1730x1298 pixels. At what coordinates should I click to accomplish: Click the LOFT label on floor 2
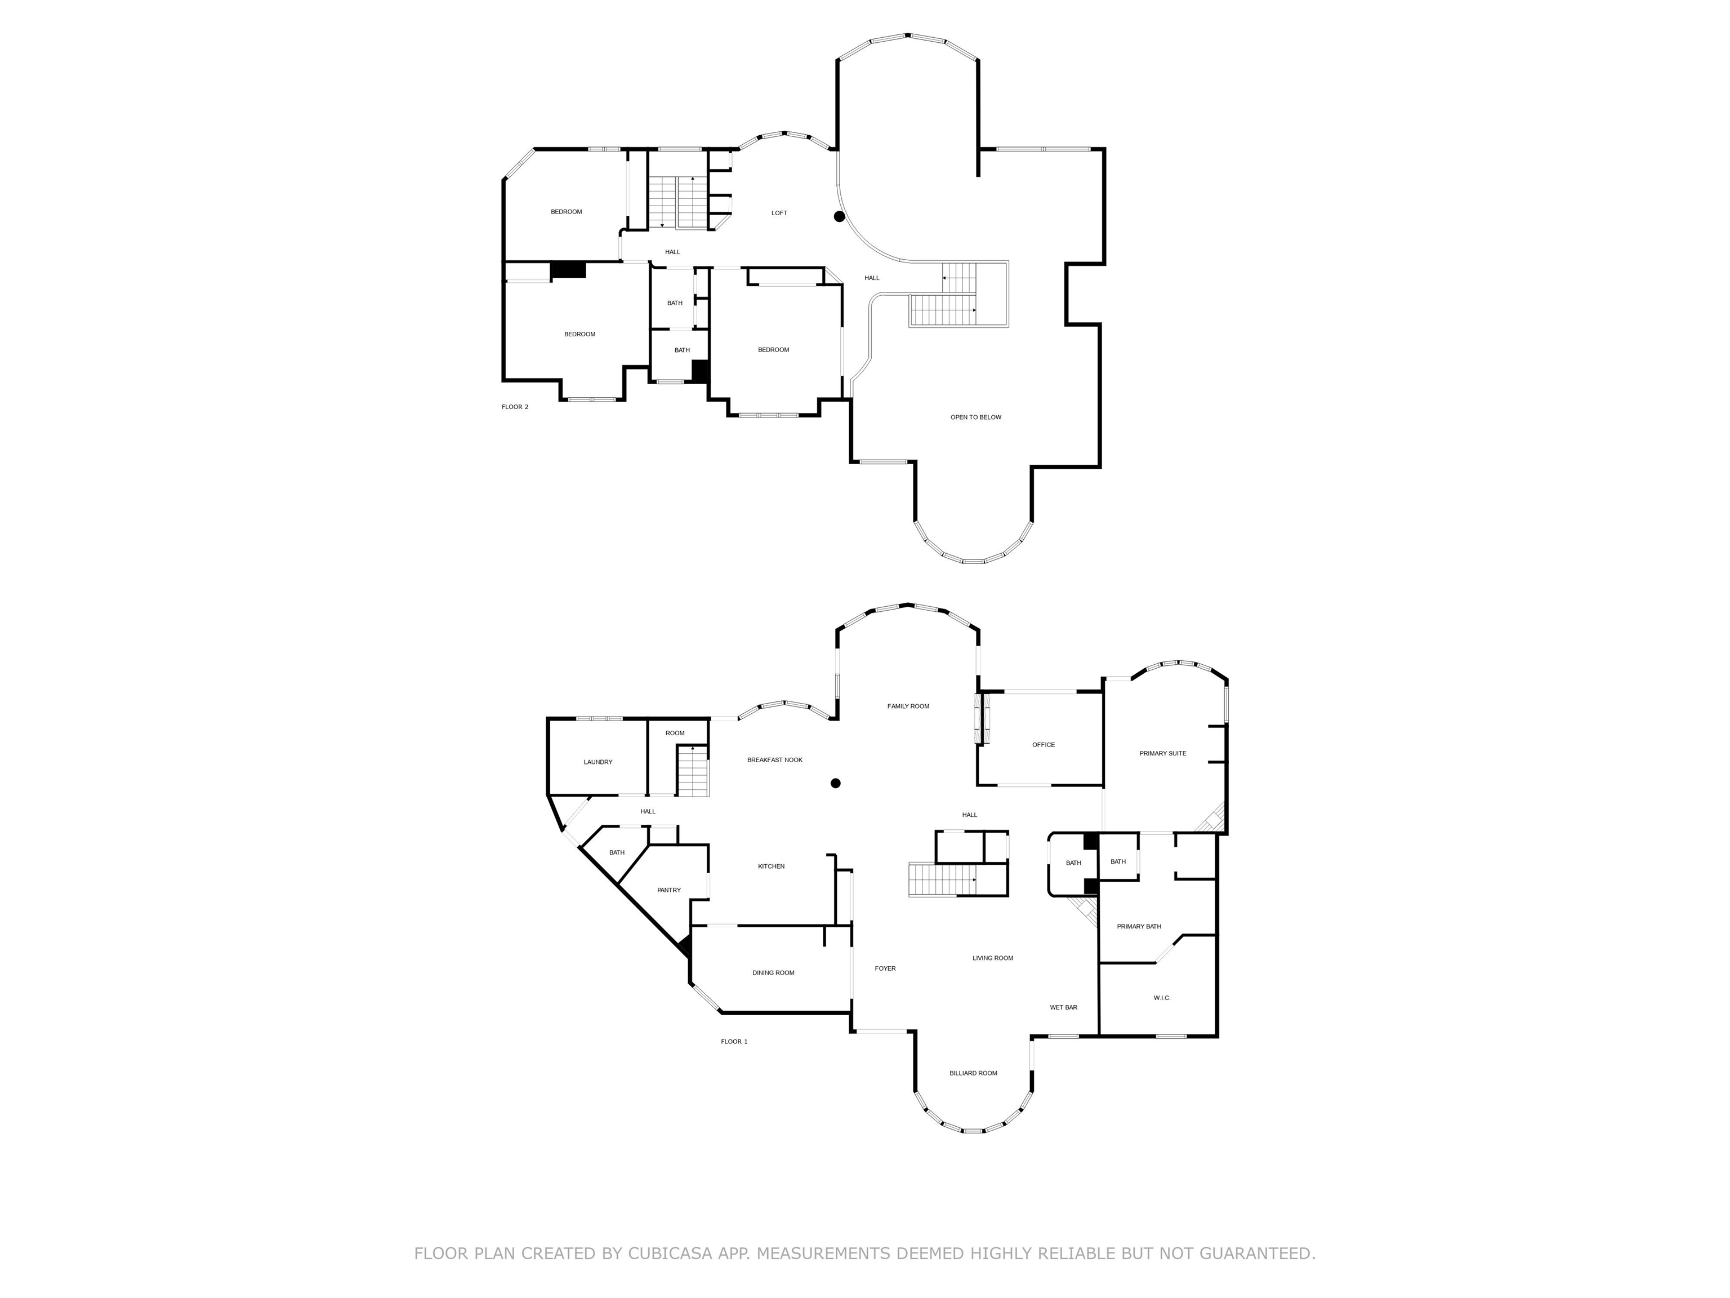[779, 213]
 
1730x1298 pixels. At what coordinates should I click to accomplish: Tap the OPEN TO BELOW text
[975, 417]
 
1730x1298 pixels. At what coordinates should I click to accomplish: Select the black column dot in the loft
[839, 217]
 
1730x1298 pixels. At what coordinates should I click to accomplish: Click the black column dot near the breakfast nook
[835, 783]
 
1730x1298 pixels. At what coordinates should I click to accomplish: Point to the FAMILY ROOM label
[908, 706]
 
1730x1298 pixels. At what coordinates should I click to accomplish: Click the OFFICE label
[1044, 744]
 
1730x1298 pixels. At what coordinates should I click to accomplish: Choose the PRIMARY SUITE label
[1162, 753]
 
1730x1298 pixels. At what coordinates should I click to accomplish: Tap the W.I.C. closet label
[1161, 998]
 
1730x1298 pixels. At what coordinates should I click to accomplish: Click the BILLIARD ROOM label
[973, 1073]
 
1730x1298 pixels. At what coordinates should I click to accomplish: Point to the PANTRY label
[668, 890]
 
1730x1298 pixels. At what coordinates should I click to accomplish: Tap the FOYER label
[885, 968]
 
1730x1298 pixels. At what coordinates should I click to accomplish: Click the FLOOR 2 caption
[515, 407]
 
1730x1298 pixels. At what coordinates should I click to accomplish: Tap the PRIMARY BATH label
[1139, 926]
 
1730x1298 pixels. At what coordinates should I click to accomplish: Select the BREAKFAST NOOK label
[774, 760]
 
